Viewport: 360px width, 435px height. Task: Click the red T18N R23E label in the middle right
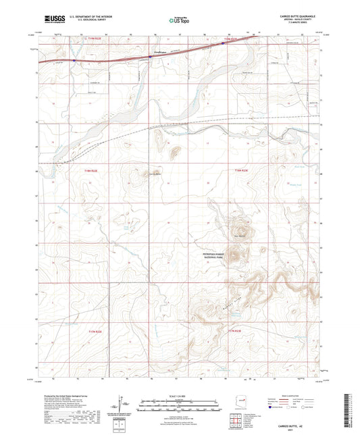241,172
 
